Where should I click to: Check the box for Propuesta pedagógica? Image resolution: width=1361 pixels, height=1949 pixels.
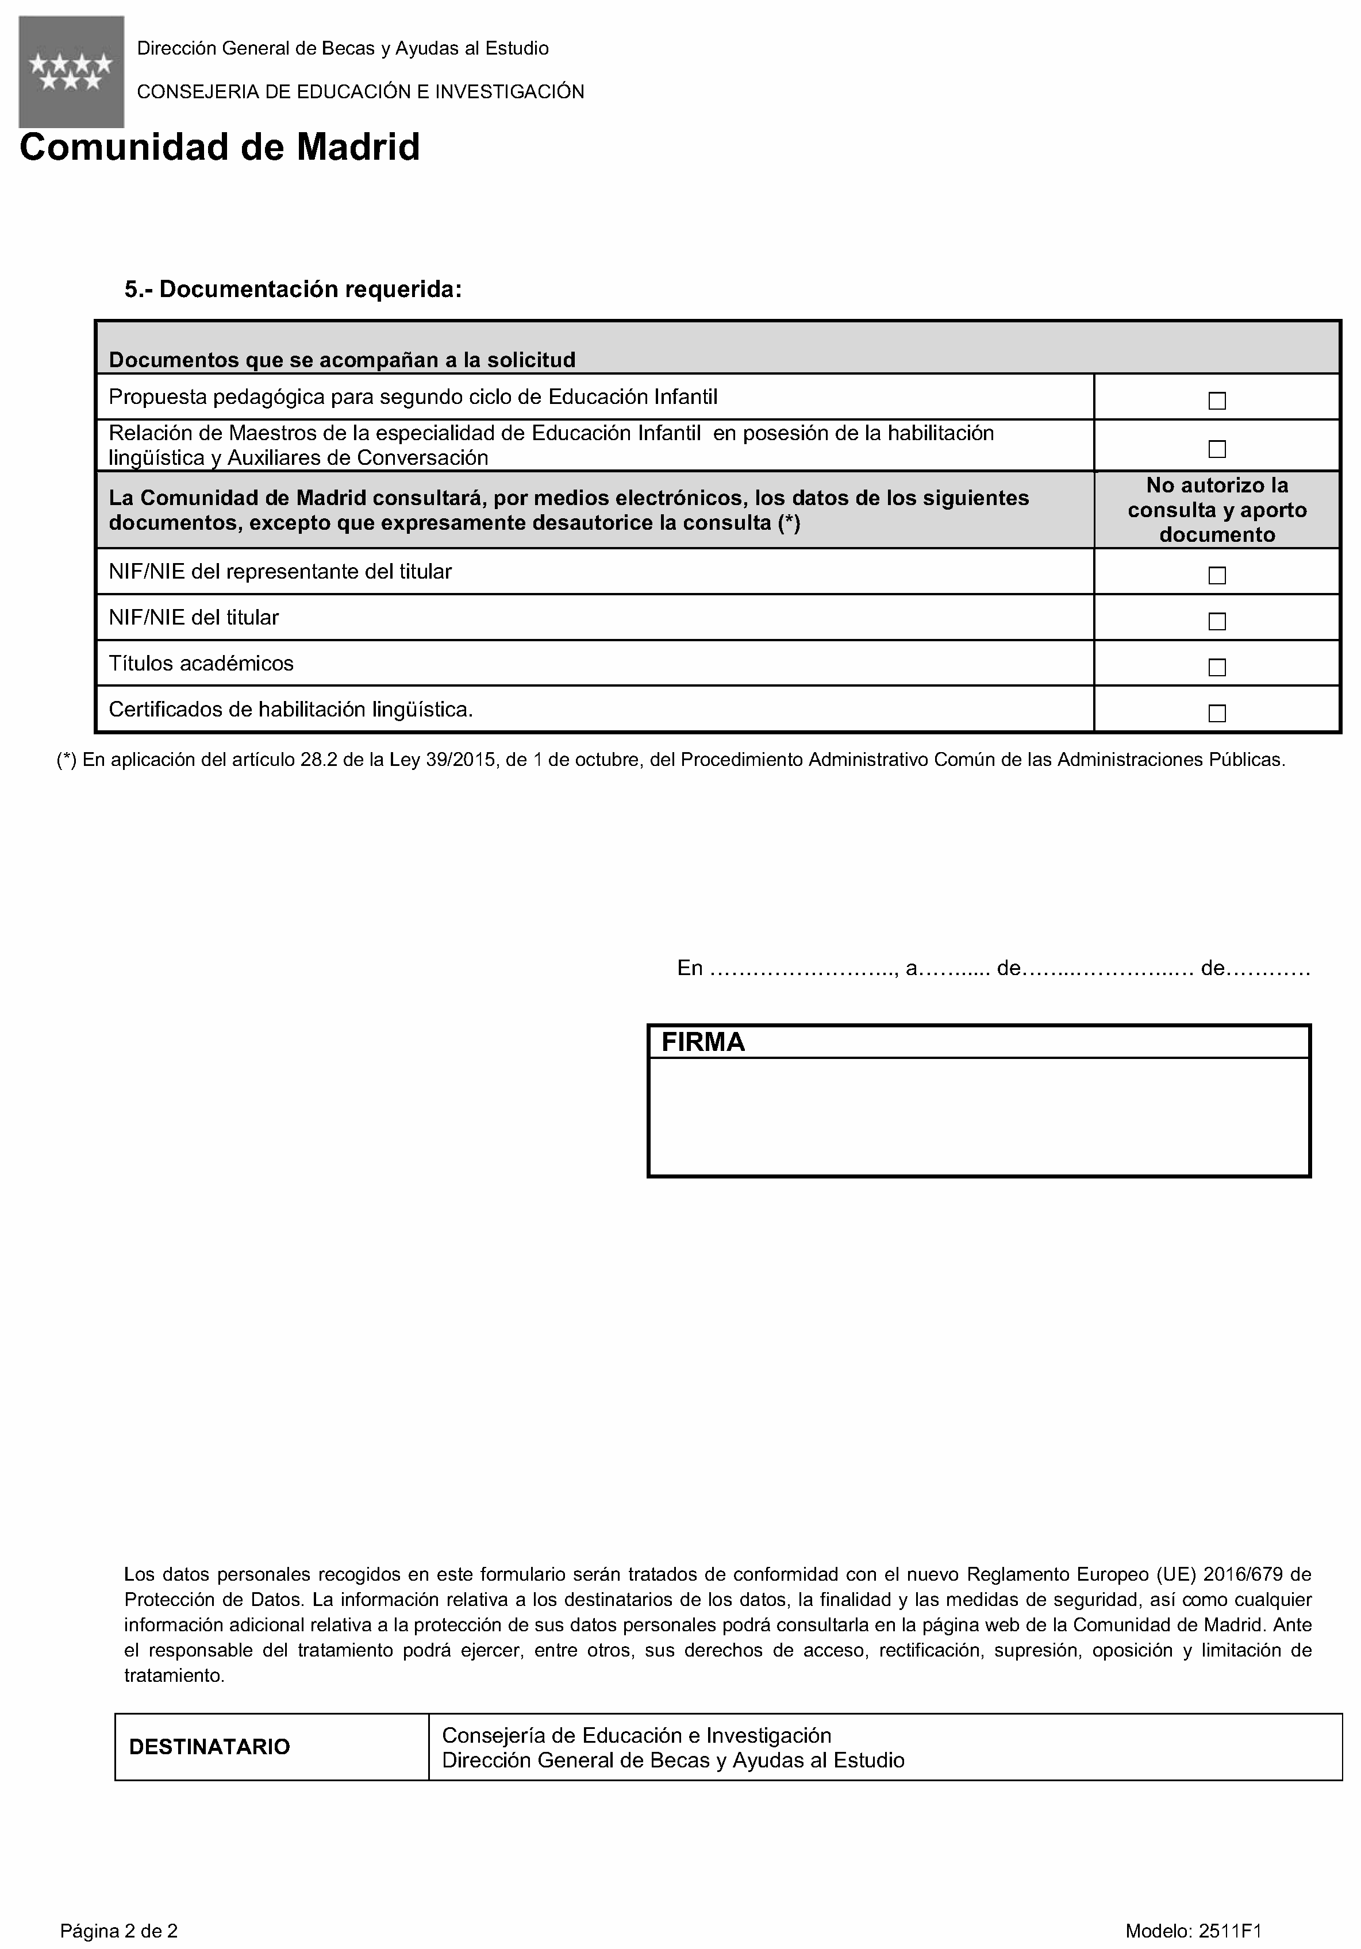pos(1217,400)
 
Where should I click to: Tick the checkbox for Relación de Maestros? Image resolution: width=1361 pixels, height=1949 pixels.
pos(1217,448)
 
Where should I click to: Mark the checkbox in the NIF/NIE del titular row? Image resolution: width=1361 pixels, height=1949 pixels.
pos(1217,621)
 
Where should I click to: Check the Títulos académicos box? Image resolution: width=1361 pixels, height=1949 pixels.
pos(1217,667)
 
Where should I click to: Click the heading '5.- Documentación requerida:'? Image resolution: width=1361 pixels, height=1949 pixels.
pos(293,290)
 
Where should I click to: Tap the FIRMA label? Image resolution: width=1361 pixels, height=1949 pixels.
pos(702,1042)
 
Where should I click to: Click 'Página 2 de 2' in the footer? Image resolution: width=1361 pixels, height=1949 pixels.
pos(119,1930)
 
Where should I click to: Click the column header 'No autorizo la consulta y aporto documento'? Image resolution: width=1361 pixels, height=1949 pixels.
pos(1217,510)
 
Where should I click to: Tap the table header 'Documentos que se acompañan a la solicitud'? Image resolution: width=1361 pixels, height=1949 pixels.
pos(342,360)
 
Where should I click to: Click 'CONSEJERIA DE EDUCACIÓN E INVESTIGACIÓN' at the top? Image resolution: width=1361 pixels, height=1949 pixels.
pos(360,92)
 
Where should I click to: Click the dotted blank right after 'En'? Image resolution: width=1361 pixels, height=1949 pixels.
pos(802,969)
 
